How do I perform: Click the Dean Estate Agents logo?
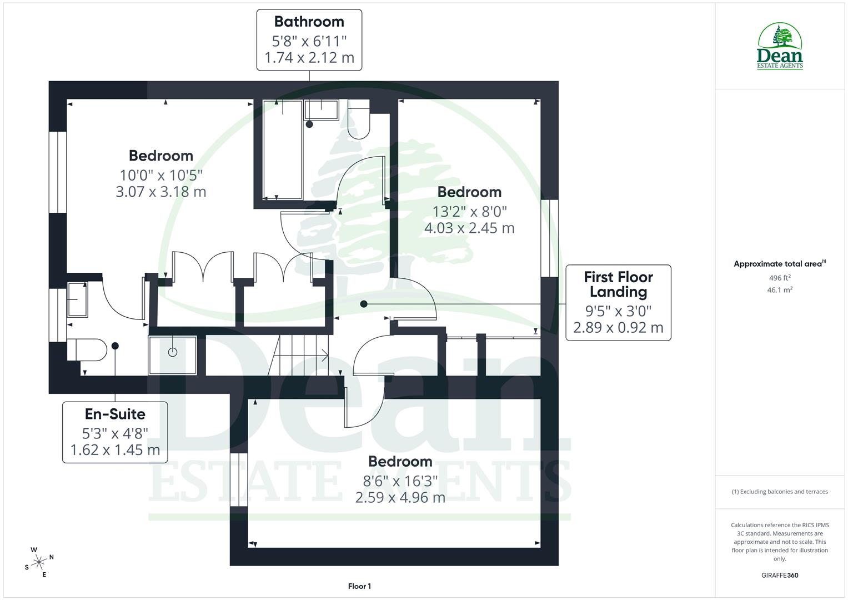[780, 47]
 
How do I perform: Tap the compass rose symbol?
[39, 562]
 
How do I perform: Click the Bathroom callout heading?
[309, 22]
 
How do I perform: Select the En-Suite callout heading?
[115, 414]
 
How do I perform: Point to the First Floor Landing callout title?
[618, 284]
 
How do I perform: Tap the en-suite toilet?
[87, 350]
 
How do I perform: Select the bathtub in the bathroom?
[283, 150]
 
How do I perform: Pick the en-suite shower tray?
[173, 355]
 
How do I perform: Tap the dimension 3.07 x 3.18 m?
[161, 192]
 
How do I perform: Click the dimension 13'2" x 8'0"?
[469, 211]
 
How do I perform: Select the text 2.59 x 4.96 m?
[400, 497]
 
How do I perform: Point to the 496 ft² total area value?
[780, 278]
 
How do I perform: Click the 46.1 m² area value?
[780, 290]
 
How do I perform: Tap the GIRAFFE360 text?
[780, 575]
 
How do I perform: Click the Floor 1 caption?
[359, 586]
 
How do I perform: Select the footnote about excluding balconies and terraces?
[780, 492]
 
